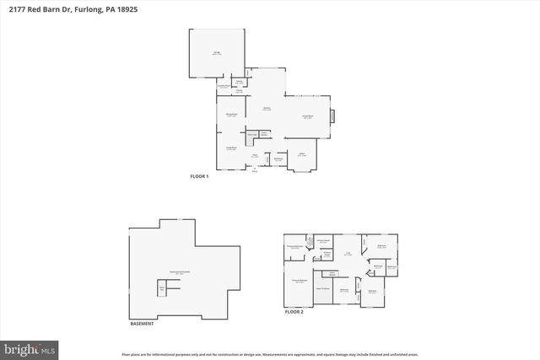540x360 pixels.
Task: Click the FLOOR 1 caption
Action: [x=199, y=176]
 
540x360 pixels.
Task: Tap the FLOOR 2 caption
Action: [x=294, y=312]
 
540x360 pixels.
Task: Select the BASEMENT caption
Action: [x=142, y=324]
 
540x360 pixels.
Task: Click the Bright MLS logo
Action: [x=30, y=347]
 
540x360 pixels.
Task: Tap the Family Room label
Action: [x=309, y=116]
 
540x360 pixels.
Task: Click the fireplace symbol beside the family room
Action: [x=332, y=116]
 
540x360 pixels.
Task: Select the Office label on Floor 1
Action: [x=301, y=153]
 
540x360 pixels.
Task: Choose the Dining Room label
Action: [x=229, y=115]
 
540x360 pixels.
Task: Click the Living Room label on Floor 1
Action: [x=229, y=148]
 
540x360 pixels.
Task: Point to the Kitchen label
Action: [x=266, y=108]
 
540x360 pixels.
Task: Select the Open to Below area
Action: [x=321, y=287]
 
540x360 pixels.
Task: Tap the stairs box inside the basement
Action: [x=162, y=289]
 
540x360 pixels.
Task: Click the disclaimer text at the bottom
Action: [x=270, y=354]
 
